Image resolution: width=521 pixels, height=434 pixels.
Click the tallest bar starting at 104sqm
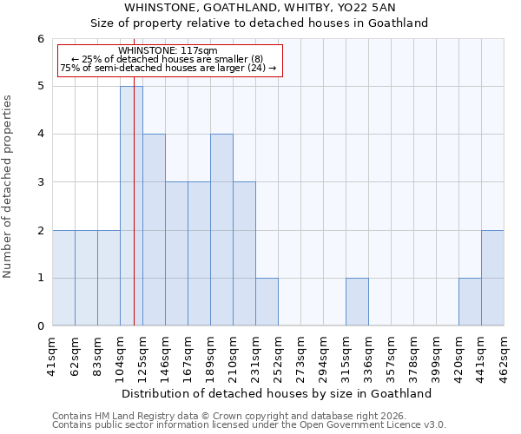point(131,206)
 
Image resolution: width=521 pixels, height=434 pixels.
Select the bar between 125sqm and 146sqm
point(154,230)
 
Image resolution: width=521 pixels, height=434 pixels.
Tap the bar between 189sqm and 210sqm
point(221,230)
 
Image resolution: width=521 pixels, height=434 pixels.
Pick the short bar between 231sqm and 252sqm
point(267,302)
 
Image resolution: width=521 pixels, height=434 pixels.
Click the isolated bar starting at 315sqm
point(357,302)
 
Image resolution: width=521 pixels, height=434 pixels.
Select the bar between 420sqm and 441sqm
point(470,302)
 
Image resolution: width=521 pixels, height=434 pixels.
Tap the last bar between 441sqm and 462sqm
point(492,278)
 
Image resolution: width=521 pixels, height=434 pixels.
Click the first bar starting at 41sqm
point(63,278)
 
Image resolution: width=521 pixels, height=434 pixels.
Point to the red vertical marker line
point(135,217)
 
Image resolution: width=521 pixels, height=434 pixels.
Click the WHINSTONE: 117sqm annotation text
point(168,51)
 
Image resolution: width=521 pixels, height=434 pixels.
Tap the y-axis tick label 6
point(40,38)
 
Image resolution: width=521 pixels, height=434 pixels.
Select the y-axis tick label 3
point(40,182)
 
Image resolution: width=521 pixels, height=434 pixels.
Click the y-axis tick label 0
point(40,326)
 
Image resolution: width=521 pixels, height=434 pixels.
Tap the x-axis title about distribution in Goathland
point(278,393)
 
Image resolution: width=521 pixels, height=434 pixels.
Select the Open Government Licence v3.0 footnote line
point(249,425)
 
